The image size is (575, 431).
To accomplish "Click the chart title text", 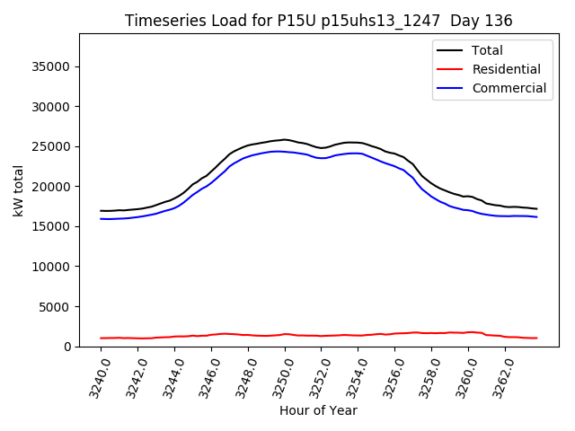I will [x=318, y=21].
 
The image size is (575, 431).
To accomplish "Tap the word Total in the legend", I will [x=488, y=50].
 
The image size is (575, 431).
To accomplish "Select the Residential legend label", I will [x=506, y=69].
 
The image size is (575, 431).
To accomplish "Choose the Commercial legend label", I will [x=509, y=88].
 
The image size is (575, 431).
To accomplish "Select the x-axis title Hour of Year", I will [x=318, y=410].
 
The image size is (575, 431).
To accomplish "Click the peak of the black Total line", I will [x=285, y=139].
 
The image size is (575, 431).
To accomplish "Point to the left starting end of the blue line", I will [x=102, y=218].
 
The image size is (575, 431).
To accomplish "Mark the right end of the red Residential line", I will [x=536, y=338].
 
